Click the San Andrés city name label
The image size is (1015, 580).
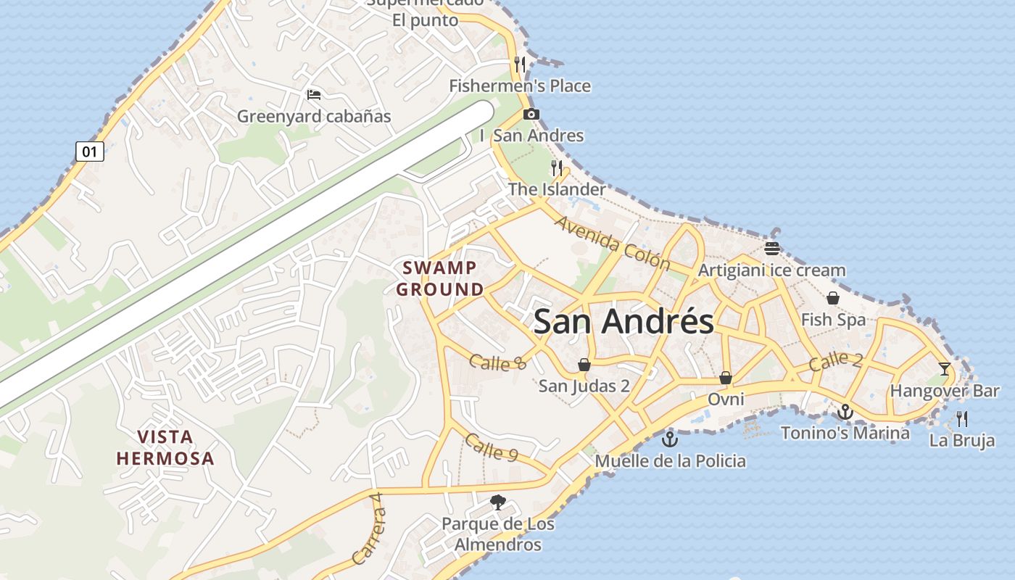click(623, 321)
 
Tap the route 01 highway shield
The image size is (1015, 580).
click(90, 152)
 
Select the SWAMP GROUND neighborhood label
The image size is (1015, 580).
click(439, 278)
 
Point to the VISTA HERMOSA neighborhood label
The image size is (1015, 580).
click(165, 447)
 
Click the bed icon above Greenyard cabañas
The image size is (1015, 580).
click(314, 95)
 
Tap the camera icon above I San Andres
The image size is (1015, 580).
click(531, 114)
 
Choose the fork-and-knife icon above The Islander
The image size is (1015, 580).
click(557, 168)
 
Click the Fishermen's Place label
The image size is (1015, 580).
click(520, 86)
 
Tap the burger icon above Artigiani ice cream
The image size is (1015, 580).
click(772, 249)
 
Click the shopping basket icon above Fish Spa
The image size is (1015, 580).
click(833, 298)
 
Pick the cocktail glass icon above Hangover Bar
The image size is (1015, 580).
click(944, 369)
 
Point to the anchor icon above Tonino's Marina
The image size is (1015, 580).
click(845, 412)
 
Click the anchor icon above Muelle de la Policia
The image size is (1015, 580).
click(670, 439)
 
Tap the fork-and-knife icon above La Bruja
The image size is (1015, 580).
click(962, 418)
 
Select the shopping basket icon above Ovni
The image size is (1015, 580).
click(726, 378)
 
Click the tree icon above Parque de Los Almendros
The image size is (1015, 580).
click(497, 502)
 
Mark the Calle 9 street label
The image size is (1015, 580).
click(492, 447)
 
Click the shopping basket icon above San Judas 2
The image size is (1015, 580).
click(584, 365)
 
